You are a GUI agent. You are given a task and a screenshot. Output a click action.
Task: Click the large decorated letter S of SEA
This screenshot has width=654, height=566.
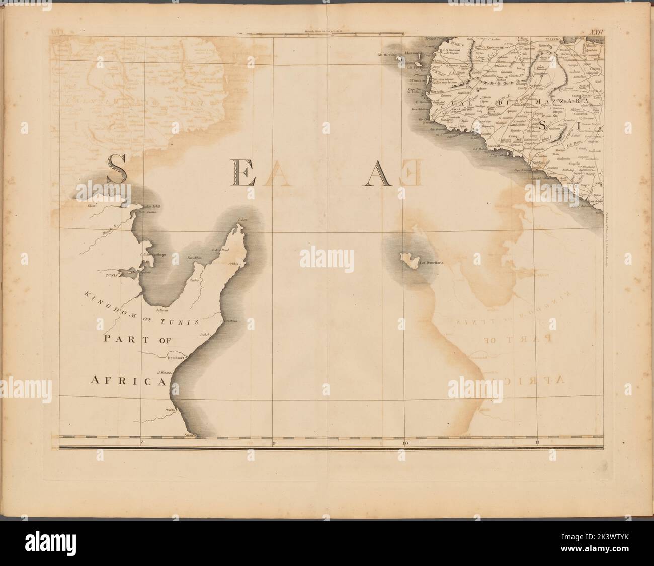(x=116, y=168)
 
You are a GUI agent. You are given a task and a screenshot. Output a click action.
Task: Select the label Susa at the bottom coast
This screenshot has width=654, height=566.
(x=190, y=434)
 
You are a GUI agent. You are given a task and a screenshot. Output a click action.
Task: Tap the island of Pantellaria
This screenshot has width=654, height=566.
(x=408, y=260)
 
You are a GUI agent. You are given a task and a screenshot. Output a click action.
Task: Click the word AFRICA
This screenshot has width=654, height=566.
(x=128, y=381)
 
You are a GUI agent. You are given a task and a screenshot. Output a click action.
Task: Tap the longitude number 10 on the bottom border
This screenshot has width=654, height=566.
(x=405, y=443)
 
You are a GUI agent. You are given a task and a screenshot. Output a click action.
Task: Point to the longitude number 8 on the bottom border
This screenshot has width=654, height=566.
(x=142, y=443)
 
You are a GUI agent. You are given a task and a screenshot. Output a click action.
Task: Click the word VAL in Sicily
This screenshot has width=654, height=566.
(x=456, y=106)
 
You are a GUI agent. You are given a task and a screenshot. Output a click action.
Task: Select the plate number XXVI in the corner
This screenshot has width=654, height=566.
(x=596, y=34)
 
